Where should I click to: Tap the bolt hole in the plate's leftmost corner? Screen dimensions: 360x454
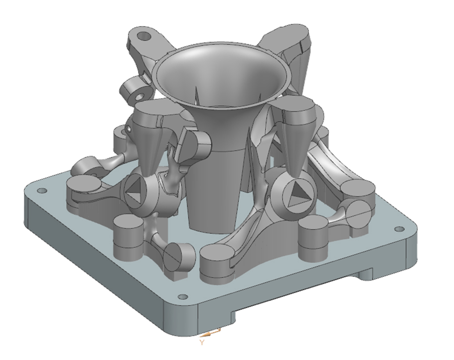[40, 191]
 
